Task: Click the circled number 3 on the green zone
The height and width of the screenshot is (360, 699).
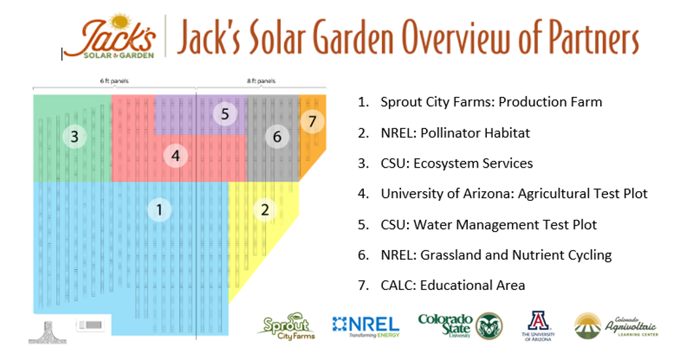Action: click(75, 137)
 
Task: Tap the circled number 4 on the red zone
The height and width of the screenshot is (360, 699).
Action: click(175, 156)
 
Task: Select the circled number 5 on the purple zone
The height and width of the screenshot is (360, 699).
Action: click(224, 115)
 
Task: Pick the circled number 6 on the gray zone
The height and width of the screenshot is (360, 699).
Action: click(277, 137)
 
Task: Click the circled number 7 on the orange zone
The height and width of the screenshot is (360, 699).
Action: click(312, 121)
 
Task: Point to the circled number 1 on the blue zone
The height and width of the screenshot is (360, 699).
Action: click(159, 209)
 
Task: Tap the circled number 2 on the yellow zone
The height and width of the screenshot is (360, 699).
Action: click(265, 209)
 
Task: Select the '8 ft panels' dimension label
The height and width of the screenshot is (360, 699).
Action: click(260, 81)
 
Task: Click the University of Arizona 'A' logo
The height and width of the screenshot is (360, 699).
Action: click(538, 325)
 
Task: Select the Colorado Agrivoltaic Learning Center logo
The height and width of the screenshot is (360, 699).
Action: click(616, 325)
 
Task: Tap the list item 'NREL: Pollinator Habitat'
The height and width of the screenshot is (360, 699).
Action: click(455, 133)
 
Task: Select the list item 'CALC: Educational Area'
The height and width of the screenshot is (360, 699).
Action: click(452, 285)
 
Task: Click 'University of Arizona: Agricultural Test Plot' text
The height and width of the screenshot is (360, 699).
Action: click(514, 194)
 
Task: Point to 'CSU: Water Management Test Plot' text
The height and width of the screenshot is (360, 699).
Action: click(488, 225)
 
